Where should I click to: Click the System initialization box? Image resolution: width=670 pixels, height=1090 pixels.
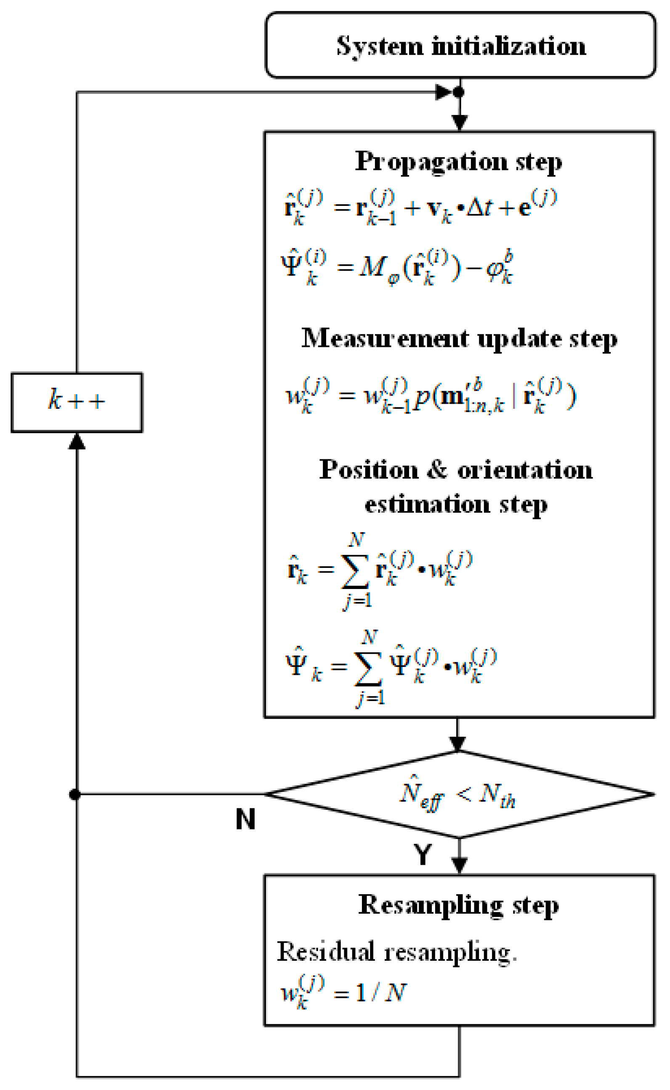(x=460, y=45)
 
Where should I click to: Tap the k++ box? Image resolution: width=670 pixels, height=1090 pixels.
(x=77, y=402)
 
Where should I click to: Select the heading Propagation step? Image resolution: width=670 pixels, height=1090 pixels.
(x=459, y=161)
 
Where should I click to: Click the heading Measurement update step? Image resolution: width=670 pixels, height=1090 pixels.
(x=459, y=339)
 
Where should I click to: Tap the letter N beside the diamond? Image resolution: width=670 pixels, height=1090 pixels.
(x=245, y=819)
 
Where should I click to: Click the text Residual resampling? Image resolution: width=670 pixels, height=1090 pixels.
(x=396, y=951)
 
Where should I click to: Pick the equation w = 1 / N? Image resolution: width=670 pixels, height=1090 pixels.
(x=344, y=991)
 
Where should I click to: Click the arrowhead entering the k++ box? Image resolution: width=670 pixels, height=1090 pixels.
(x=77, y=441)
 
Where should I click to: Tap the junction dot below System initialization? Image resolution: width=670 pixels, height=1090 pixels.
(x=460, y=92)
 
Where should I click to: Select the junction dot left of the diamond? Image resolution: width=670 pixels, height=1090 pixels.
(x=75, y=794)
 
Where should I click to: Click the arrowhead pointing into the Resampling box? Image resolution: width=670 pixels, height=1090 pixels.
(x=460, y=866)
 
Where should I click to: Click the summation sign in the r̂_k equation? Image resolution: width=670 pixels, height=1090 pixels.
(x=355, y=571)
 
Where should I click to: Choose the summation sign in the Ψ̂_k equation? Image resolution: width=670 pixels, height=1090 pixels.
(x=369, y=669)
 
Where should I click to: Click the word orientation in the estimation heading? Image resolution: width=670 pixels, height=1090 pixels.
(x=525, y=470)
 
